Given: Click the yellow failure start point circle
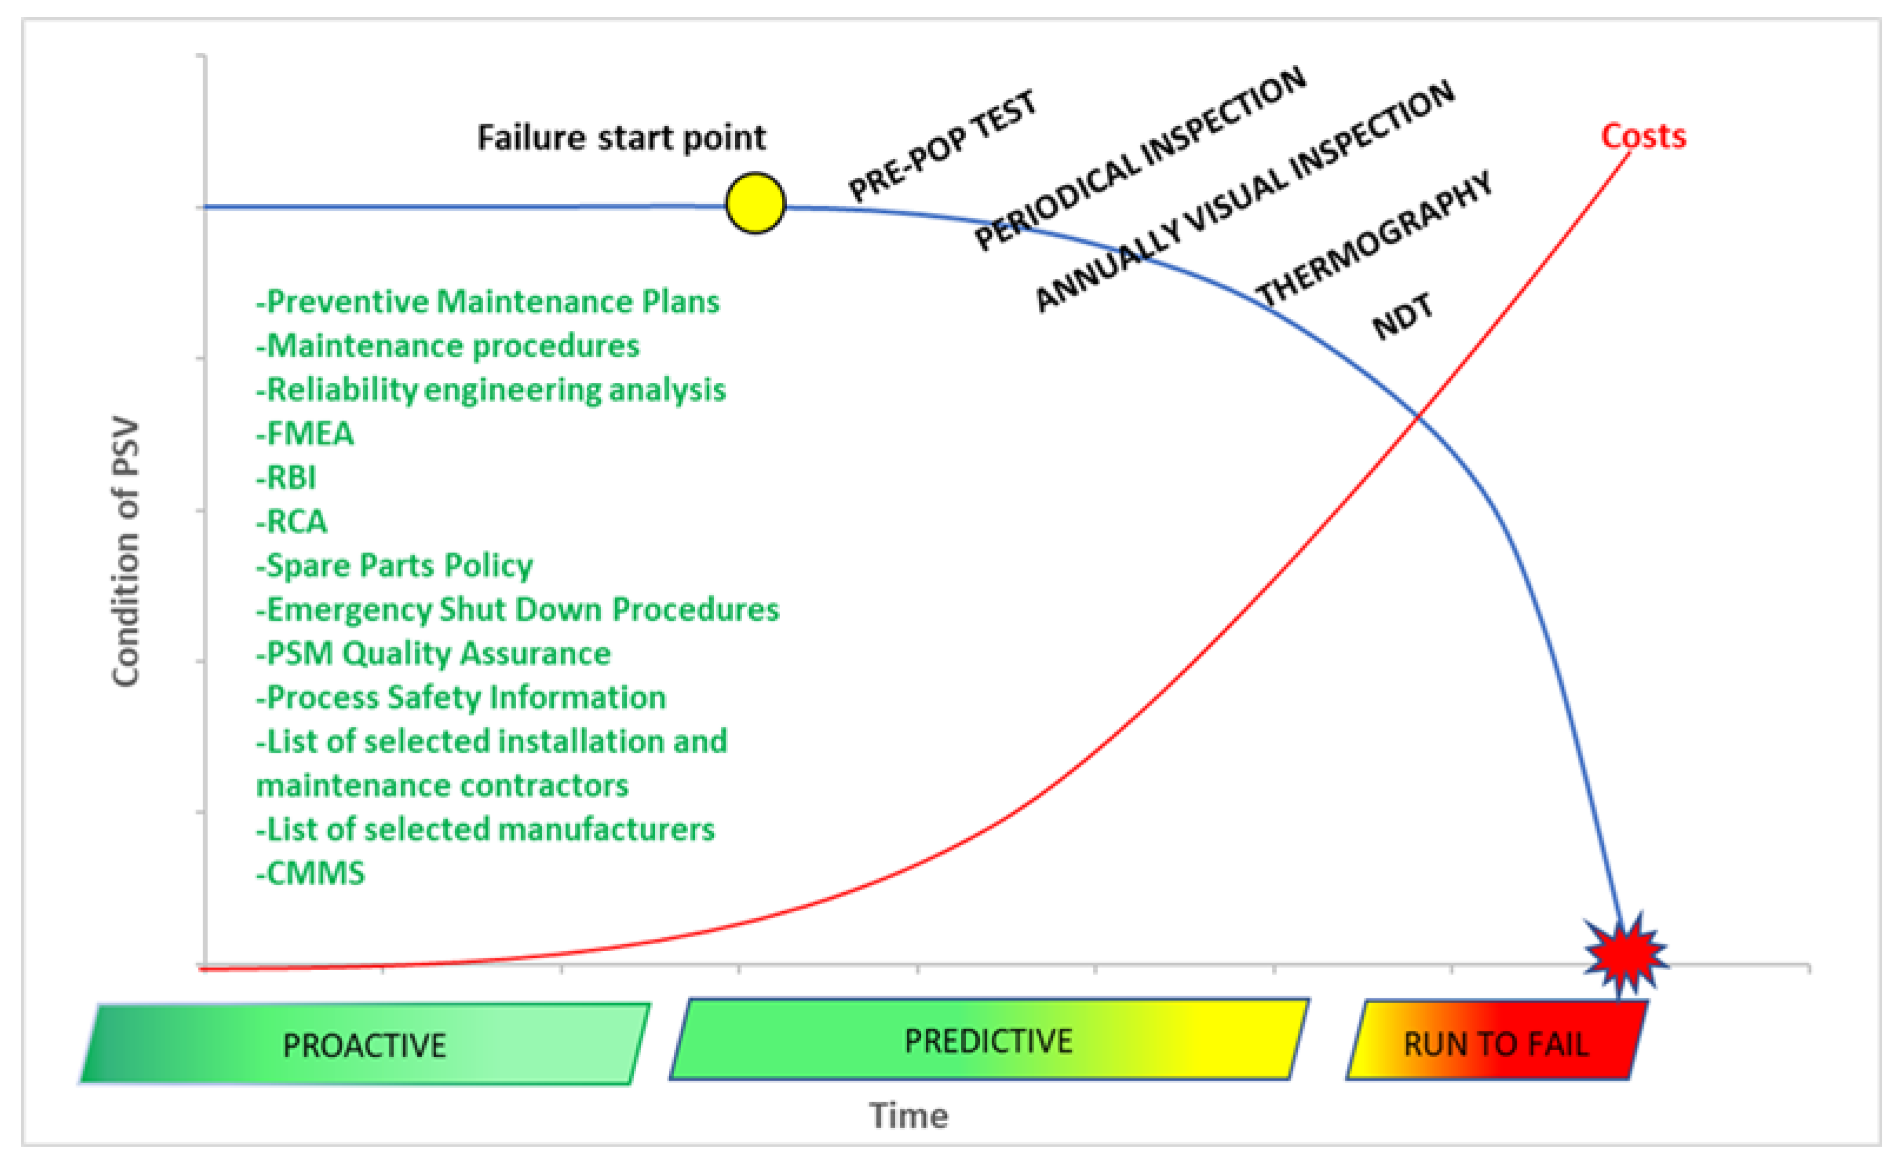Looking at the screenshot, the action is [755, 203].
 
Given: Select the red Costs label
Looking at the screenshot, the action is [1643, 136].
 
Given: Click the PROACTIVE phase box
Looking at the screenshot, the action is [365, 1044].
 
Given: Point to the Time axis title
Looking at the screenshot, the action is [909, 1116].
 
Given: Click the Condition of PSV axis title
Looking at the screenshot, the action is [125, 552].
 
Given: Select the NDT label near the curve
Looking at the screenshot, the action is [1403, 316].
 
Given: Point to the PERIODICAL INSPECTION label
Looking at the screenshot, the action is [1140, 158].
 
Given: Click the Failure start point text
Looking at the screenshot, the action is [622, 138].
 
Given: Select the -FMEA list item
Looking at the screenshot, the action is [305, 433].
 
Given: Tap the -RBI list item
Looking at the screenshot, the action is [287, 478].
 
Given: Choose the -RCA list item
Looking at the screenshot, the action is [292, 522].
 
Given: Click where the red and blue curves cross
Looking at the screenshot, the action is [1418, 416].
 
